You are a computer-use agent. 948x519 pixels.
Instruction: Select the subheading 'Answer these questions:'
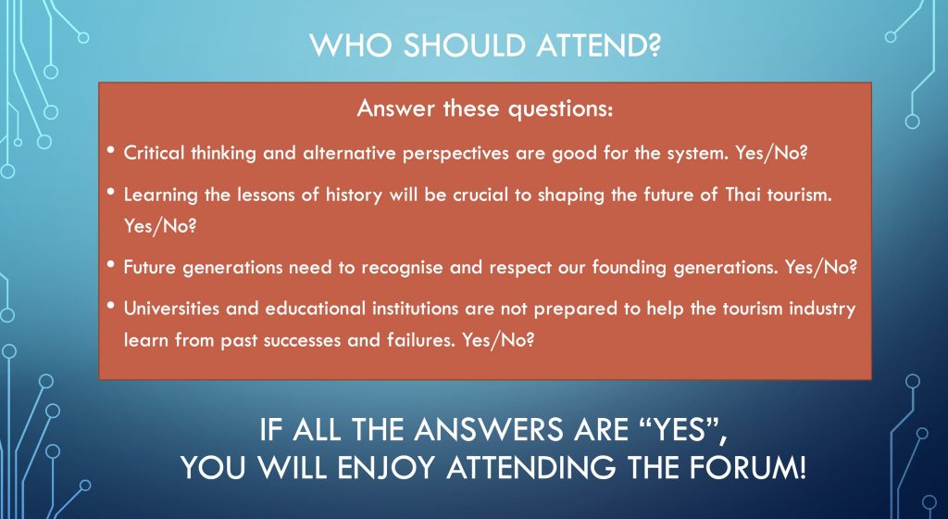[x=485, y=108]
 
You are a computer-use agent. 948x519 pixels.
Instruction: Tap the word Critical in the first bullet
[x=155, y=152]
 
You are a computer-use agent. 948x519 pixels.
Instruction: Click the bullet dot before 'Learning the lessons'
[x=111, y=191]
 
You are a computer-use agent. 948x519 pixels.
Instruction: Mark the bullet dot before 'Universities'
[x=111, y=304]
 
